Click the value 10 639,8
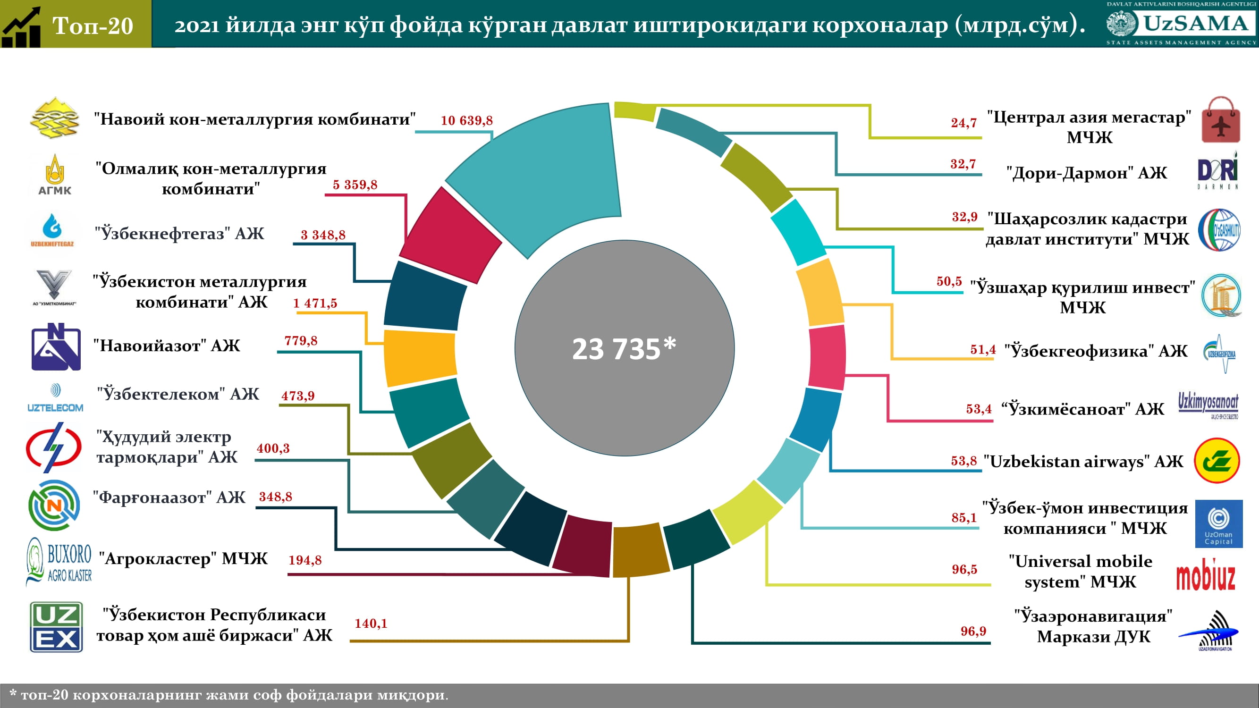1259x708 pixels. coord(466,120)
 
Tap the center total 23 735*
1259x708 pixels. coord(624,348)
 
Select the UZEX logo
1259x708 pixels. coord(56,626)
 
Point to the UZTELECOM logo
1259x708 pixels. coord(55,398)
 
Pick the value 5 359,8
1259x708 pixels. coord(355,185)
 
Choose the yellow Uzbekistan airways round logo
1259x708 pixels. coord(1217,460)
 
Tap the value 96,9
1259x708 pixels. coord(973,631)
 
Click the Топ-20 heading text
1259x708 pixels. coord(93,25)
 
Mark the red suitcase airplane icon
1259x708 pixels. coord(1220,120)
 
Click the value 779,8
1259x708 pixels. coord(301,341)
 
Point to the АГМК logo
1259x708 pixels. coord(55,176)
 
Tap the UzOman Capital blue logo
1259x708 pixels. coord(1218,523)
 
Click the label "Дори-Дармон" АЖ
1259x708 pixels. coord(1086,173)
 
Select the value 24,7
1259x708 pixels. coord(963,123)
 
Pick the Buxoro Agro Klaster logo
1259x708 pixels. coord(59,561)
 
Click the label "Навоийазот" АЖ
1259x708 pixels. coord(167,346)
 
